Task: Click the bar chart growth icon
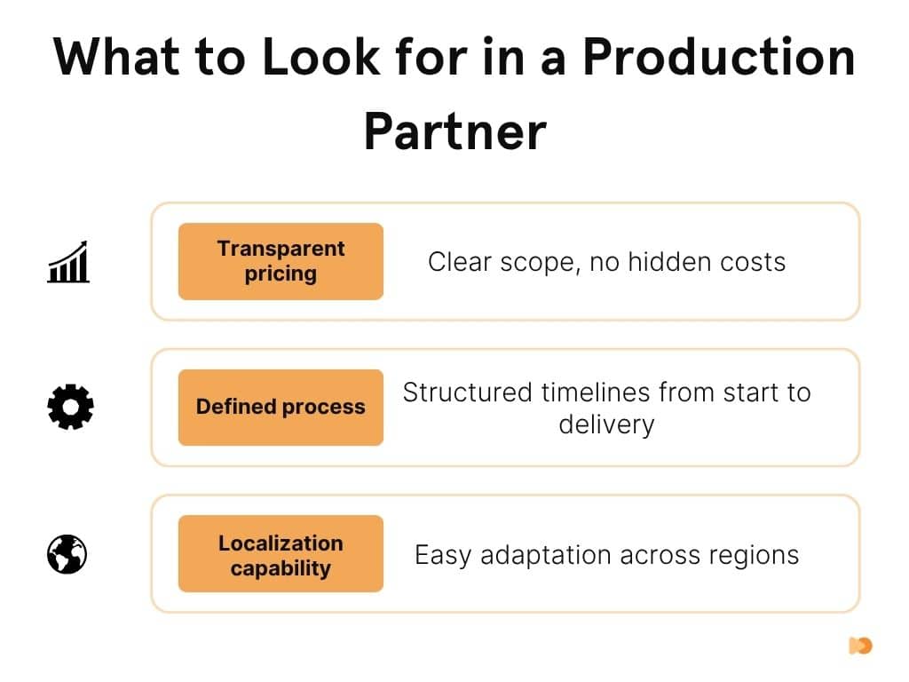click(x=68, y=261)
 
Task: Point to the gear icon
click(x=69, y=408)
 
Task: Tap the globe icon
click(x=67, y=554)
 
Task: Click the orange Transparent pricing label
click(x=281, y=261)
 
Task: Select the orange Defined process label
click(x=281, y=408)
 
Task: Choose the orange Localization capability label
click(x=281, y=554)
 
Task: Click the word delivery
click(x=606, y=424)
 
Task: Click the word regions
click(x=755, y=555)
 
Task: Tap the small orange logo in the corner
click(x=860, y=646)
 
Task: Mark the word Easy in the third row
click(x=443, y=555)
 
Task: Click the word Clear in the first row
click(x=454, y=262)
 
